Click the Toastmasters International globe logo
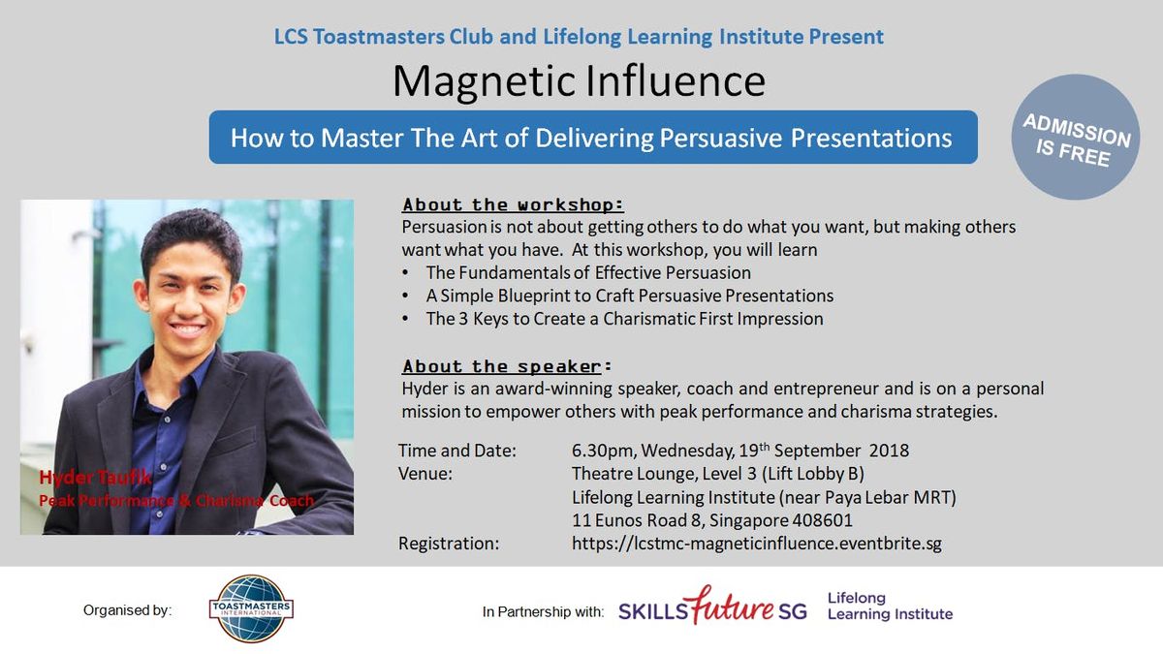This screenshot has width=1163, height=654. (251, 608)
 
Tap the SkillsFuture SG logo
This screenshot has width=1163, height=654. (712, 607)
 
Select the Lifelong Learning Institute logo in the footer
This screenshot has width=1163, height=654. (890, 607)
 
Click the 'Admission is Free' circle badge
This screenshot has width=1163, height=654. (1076, 137)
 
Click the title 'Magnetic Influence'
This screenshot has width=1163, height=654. (579, 81)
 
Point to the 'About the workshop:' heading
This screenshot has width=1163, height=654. (513, 205)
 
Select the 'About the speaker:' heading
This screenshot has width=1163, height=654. (507, 366)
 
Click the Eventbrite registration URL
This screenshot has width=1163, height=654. (757, 543)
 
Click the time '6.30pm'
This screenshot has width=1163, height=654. (604, 451)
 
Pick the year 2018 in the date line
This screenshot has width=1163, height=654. (889, 450)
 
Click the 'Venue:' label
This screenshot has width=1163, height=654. (425, 474)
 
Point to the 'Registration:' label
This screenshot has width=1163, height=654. (449, 544)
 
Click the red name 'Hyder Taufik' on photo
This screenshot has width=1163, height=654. (96, 477)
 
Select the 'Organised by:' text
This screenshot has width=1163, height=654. (127, 609)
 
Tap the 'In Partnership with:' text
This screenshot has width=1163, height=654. (543, 612)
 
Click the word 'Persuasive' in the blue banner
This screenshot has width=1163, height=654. (721, 138)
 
